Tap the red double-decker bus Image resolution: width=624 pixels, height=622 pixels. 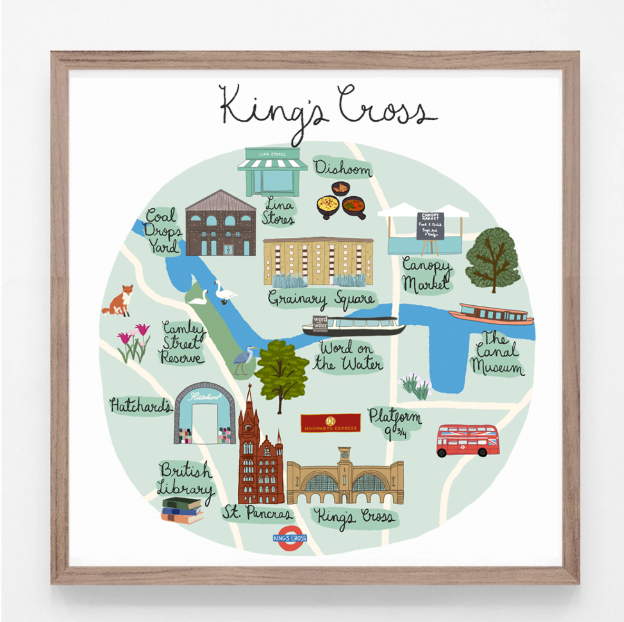click(468, 440)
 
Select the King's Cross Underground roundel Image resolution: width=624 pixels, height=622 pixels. click(290, 538)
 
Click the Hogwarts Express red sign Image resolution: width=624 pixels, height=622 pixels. click(331, 423)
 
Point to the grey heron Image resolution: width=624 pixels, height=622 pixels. click(244, 360)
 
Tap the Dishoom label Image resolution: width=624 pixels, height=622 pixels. click(342, 169)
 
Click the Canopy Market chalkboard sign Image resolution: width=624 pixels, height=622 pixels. click(430, 226)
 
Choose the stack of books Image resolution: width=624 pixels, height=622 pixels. click(182, 510)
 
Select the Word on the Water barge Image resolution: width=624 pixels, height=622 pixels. click(353, 326)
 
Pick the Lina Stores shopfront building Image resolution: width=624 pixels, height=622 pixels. click(273, 172)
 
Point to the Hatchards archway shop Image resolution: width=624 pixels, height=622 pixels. click(205, 414)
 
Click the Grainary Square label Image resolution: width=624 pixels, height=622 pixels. click(321, 299)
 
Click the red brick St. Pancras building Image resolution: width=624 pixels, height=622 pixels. click(259, 457)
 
